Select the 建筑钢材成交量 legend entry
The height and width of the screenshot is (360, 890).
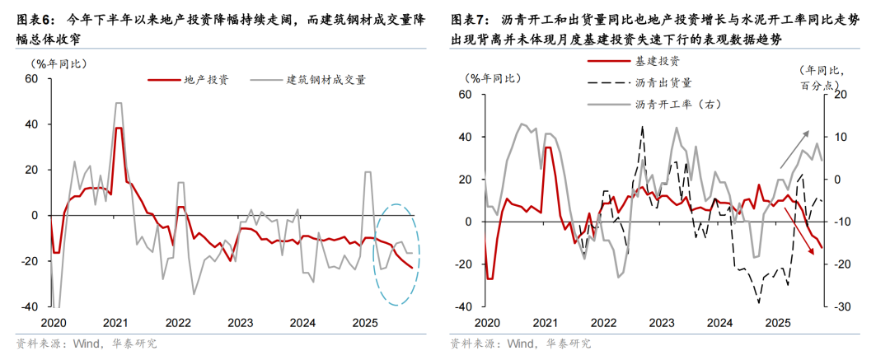[x=326, y=80]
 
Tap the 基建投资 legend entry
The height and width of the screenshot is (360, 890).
[x=657, y=61]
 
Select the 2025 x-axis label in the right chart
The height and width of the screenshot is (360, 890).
[x=777, y=322]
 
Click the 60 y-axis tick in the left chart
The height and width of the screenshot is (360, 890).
[x=31, y=79]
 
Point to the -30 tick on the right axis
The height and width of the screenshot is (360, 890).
[x=840, y=306]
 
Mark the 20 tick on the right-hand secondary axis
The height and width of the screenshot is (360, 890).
[x=840, y=95]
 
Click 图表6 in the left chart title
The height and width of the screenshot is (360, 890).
[x=35, y=17]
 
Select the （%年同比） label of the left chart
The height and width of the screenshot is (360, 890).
[x=58, y=62]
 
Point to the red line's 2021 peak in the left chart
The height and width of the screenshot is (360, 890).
[x=119, y=129]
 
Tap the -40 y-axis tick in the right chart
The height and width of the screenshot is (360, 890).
[x=463, y=306]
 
